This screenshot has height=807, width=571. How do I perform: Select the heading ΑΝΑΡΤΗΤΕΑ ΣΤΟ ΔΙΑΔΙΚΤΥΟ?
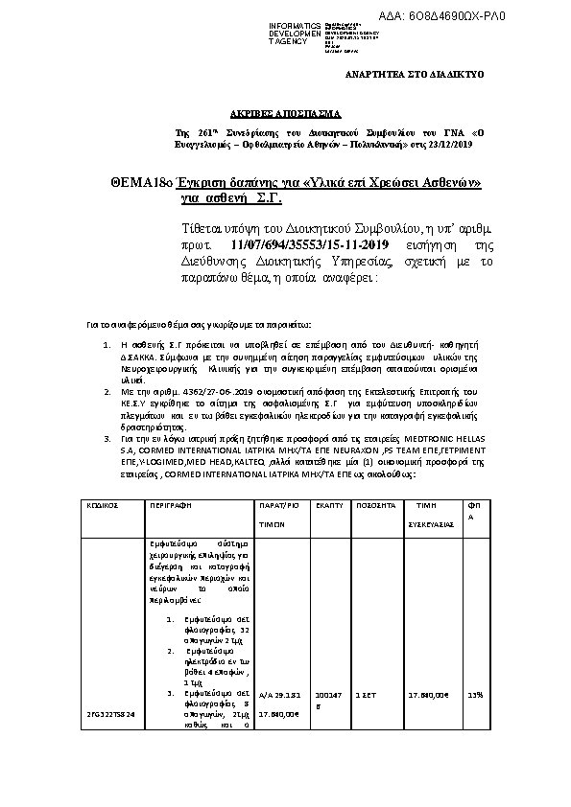pyautogui.click(x=415, y=74)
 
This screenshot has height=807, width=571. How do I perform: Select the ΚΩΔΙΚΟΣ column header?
pyautogui.click(x=103, y=503)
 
